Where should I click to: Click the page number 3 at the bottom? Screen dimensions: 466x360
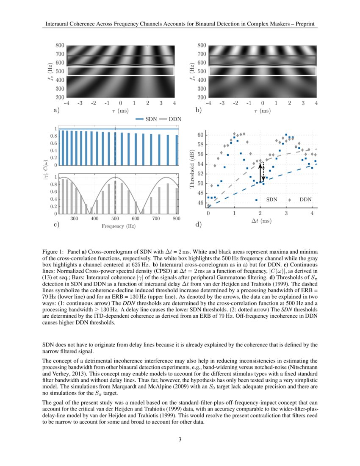[180, 439]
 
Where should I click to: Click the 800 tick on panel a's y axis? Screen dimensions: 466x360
[60, 45]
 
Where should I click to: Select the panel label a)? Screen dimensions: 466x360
[55, 111]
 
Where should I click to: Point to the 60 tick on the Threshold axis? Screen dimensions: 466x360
[201, 135]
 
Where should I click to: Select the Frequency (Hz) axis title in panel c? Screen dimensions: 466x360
[119, 226]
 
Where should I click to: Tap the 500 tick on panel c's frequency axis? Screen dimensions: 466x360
[115, 219]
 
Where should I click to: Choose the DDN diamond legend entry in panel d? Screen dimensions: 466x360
[301, 199]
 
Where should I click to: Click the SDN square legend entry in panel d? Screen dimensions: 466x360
[268, 199]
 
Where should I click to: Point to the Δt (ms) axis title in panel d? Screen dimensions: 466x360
[260, 221]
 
